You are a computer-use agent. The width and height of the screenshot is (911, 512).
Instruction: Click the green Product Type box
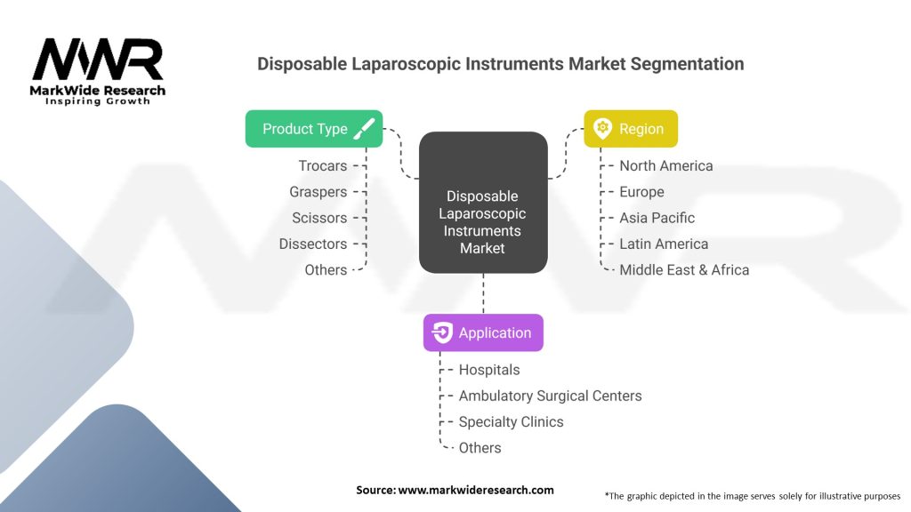(x=314, y=129)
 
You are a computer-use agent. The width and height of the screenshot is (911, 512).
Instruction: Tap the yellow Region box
(x=630, y=129)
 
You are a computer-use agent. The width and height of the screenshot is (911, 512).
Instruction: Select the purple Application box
(x=483, y=333)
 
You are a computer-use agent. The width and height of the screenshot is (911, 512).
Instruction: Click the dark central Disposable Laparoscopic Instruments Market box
(x=482, y=202)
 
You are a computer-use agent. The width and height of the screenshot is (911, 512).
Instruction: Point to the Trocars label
(x=323, y=165)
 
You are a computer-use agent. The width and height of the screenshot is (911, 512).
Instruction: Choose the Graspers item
(x=318, y=191)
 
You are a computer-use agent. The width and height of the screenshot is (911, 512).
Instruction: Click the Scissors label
(x=319, y=218)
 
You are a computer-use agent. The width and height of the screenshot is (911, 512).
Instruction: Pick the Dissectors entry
(x=312, y=244)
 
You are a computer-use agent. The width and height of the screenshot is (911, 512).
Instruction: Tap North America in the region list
(x=665, y=165)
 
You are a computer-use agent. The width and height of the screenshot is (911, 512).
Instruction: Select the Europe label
(x=641, y=191)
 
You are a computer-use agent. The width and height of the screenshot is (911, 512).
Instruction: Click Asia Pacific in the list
(x=657, y=218)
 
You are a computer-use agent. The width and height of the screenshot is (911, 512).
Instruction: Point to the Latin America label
(x=664, y=244)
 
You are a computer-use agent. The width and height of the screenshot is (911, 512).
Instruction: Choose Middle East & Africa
(x=684, y=269)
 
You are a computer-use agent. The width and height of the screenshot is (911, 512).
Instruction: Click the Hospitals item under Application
(x=488, y=369)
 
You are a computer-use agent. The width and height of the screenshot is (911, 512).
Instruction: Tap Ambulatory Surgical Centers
(x=550, y=396)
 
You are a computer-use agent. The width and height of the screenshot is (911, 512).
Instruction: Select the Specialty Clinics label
(x=511, y=421)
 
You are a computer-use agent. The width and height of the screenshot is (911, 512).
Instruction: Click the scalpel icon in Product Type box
(x=363, y=129)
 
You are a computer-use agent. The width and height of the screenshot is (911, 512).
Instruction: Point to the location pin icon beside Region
(x=602, y=129)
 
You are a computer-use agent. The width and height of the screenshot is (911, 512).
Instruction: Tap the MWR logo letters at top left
(x=98, y=60)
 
